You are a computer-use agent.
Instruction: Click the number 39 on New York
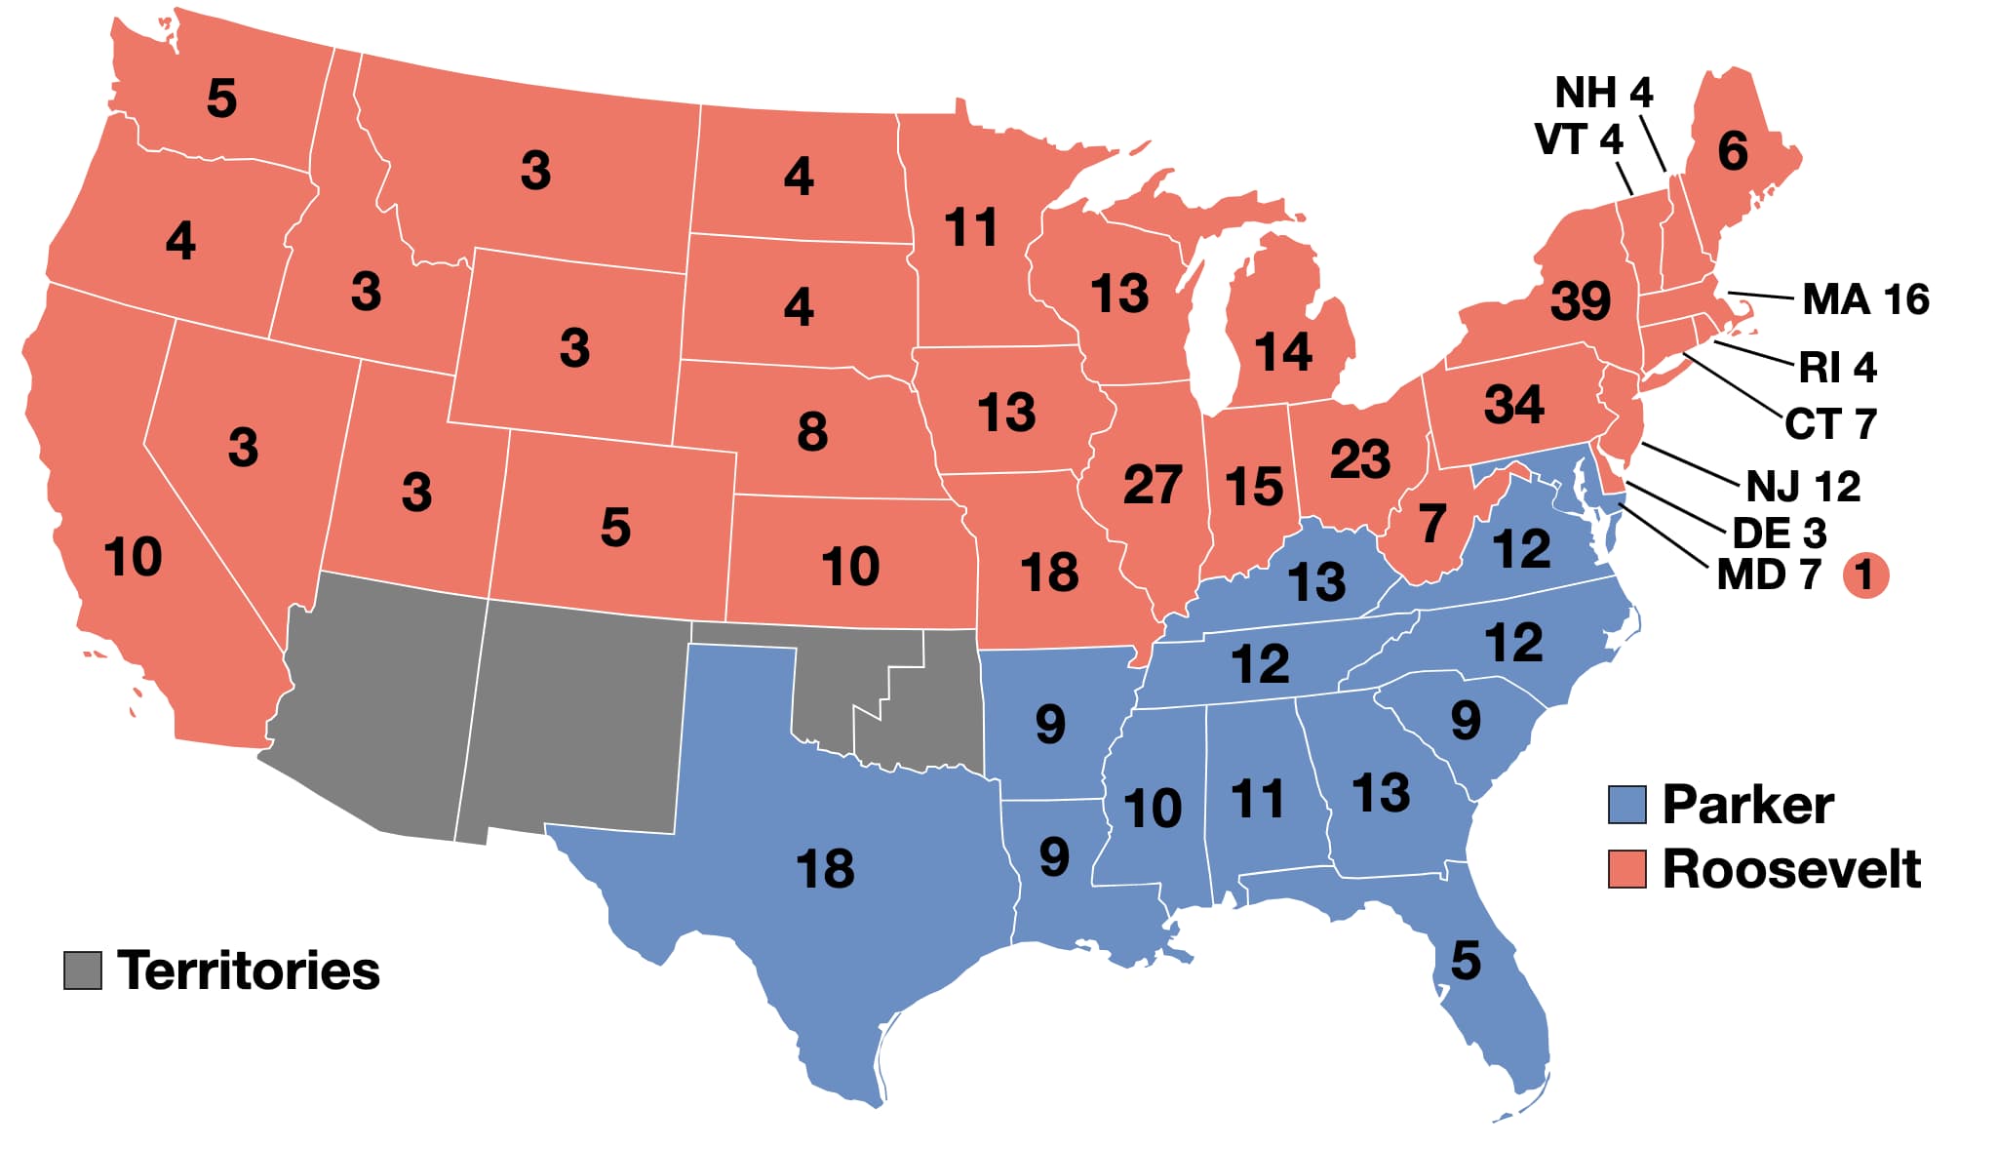tap(1580, 300)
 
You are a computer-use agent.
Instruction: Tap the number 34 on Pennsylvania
tap(1513, 404)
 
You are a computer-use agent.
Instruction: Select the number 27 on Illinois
tap(1153, 484)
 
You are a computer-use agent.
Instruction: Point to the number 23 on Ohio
tap(1359, 458)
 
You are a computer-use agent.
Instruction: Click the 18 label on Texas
tap(825, 868)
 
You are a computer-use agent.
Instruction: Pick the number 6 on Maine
tap(1732, 151)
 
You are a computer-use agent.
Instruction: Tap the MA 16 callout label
tap(1864, 299)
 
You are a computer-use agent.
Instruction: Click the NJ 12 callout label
tap(1802, 486)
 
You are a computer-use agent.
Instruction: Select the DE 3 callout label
tap(1779, 534)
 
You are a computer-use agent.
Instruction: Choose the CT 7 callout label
tap(1829, 424)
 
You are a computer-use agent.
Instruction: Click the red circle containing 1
tap(1864, 575)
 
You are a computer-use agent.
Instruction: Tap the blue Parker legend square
tap(1626, 805)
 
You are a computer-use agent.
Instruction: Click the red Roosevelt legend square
tap(1626, 868)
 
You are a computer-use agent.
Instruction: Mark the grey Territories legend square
tap(83, 970)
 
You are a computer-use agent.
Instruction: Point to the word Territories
tap(249, 971)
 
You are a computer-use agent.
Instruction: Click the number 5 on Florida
tap(1465, 961)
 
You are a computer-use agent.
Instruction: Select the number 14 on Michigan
tap(1282, 352)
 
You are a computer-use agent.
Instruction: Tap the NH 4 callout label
tap(1603, 93)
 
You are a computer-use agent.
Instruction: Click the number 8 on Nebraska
tap(811, 431)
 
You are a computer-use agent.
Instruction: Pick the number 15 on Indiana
tap(1253, 486)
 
